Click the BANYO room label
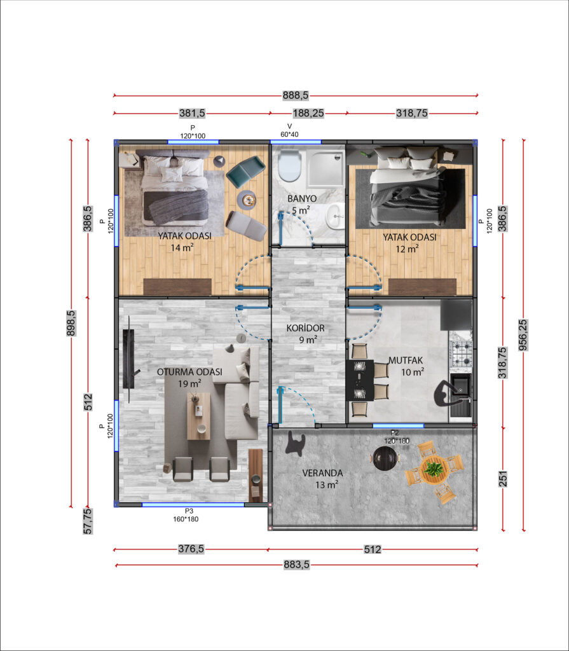[302, 198]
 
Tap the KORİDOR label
[305, 329]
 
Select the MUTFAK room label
[406, 360]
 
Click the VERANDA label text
[322, 473]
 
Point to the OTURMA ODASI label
[189, 372]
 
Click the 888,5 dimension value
[296, 95]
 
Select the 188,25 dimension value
[308, 113]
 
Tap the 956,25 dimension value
[523, 334]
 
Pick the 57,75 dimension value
[88, 521]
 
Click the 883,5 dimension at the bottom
[296, 565]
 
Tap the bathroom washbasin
[335, 216]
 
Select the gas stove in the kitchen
[462, 353]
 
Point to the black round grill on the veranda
[385, 458]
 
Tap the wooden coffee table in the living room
[198, 416]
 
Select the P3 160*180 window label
[186, 515]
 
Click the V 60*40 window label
[289, 130]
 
